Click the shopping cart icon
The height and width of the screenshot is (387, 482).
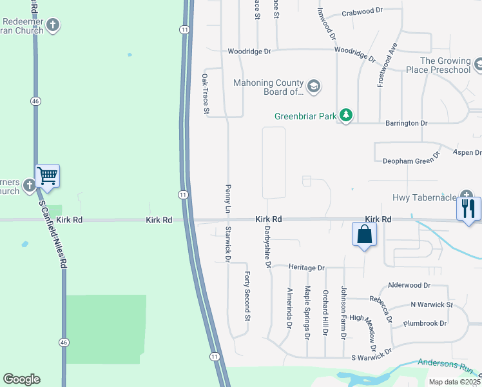pos(47,175)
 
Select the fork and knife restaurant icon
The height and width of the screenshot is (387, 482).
pos(468,208)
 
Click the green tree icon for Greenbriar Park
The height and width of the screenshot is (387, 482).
pos(347,115)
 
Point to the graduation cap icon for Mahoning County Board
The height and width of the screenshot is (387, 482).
pos(314,86)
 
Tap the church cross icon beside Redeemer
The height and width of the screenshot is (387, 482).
pos(53,26)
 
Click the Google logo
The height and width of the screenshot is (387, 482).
pos(21,379)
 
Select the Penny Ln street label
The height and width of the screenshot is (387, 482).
pos(227,198)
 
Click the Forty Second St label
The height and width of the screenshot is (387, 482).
pos(247,296)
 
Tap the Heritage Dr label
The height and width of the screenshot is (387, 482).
pos(307,267)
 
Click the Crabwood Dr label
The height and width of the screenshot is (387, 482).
pos(362,12)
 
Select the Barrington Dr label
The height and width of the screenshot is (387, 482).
pos(406,123)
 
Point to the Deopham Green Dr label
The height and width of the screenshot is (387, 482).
pos(411,159)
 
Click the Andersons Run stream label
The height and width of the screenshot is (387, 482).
pos(445,365)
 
